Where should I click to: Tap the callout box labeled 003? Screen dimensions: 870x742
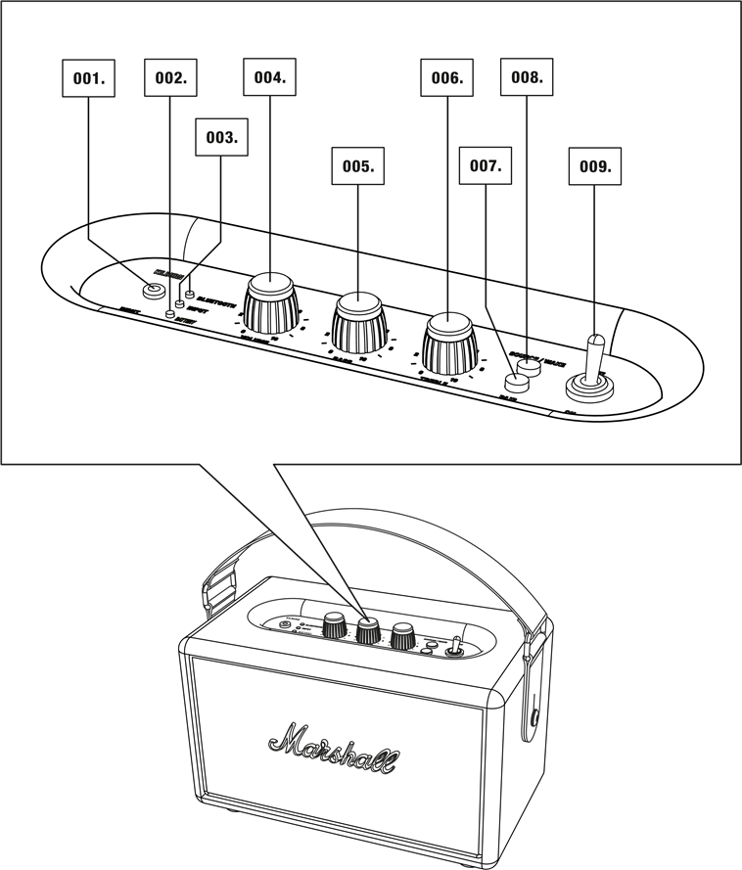221,138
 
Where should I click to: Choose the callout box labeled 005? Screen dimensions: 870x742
357,166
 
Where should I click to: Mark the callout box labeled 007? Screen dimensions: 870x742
486,166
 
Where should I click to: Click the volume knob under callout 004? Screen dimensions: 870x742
271,302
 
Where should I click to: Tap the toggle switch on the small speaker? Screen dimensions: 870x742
454,647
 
